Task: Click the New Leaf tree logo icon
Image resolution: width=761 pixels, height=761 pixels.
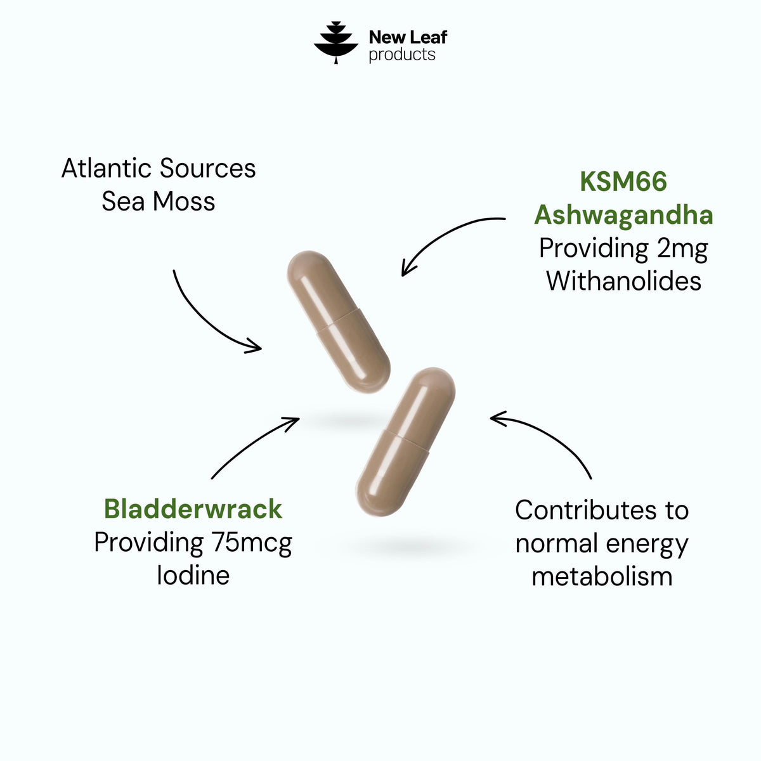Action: click(335, 42)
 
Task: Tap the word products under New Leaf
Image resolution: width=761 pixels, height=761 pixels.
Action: click(402, 55)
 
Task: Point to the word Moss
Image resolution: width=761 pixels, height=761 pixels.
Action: click(184, 202)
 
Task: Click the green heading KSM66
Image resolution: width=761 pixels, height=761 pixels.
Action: click(623, 181)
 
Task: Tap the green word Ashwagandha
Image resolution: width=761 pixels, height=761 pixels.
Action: click(623, 216)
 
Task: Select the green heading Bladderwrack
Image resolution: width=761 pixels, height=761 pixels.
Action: click(193, 509)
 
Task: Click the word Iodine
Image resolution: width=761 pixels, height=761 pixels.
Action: click(193, 575)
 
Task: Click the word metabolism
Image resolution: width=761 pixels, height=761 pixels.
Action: click(602, 576)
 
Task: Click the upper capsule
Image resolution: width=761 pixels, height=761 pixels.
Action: click(339, 322)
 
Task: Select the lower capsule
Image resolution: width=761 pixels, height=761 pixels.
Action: click(405, 441)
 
